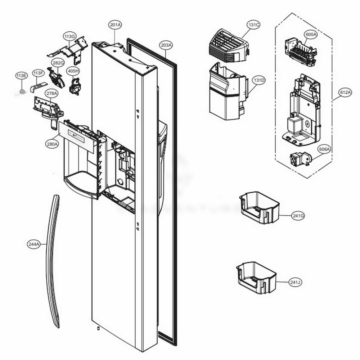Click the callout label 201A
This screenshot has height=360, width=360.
click(x=115, y=25)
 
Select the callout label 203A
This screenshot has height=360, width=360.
click(x=166, y=45)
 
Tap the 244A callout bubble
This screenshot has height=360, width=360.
click(x=33, y=244)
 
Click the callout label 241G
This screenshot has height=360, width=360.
click(x=298, y=216)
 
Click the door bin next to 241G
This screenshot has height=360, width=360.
click(x=259, y=208)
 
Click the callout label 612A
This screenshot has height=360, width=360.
click(x=345, y=92)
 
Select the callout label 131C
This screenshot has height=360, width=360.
click(x=253, y=25)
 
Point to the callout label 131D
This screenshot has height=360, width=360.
click(x=258, y=80)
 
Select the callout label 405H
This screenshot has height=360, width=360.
click(x=73, y=71)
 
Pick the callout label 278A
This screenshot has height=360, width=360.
click(x=51, y=93)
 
